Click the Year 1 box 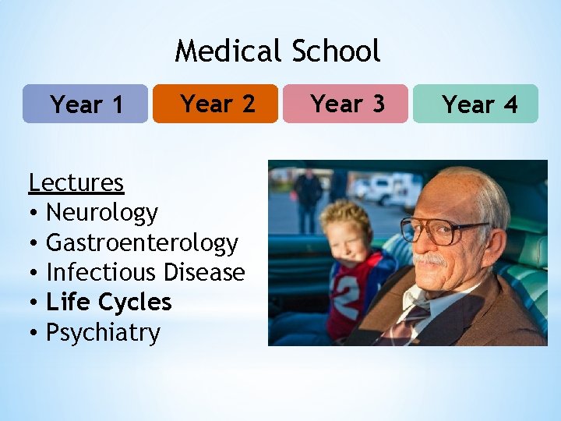click(85, 104)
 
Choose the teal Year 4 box click(475, 104)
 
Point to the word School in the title click(336, 51)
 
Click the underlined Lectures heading click(76, 182)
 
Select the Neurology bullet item click(102, 212)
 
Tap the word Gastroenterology click(142, 242)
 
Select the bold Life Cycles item click(109, 302)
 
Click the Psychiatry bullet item click(103, 333)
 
